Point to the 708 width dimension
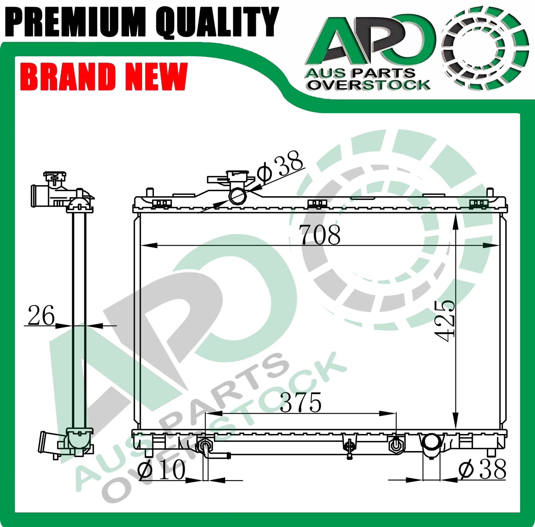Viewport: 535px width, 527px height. coord(320,235)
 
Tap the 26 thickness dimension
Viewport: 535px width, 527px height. coord(41,315)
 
